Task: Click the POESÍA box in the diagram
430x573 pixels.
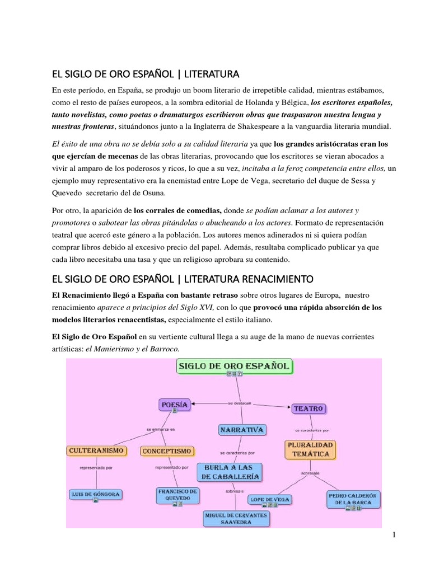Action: coord(174,404)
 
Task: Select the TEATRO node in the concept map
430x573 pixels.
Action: coord(309,408)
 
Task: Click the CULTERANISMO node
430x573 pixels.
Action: coord(97,450)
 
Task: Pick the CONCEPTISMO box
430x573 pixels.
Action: coord(167,450)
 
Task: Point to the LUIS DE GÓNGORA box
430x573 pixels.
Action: coord(96,495)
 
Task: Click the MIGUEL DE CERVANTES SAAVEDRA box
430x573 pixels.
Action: coord(236,518)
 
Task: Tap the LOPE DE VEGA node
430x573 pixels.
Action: coord(272,499)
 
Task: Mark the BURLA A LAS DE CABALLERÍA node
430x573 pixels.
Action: coord(228,471)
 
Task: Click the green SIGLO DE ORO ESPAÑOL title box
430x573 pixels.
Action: coord(234,367)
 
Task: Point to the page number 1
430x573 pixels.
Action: coord(394,535)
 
